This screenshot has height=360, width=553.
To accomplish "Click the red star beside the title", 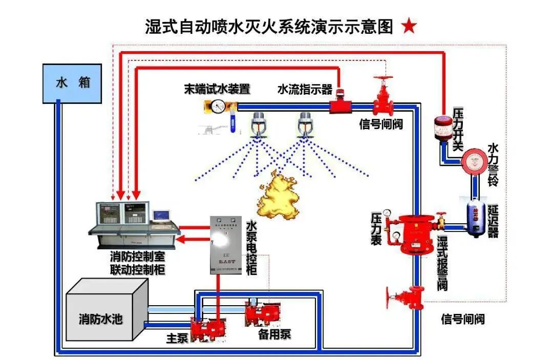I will click(x=409, y=27).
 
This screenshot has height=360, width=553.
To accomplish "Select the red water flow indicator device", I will click(x=338, y=105).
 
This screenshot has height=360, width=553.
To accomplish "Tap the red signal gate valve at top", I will click(x=382, y=99).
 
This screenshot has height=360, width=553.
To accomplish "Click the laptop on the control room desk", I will click(x=161, y=216).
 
